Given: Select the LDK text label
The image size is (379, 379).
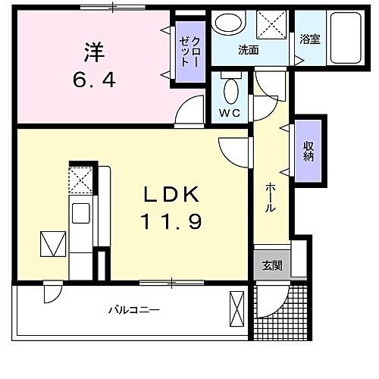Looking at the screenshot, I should (x=172, y=196).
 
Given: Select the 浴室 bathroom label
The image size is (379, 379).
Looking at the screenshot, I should (x=309, y=39).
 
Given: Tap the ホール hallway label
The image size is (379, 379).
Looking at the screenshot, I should (x=270, y=199).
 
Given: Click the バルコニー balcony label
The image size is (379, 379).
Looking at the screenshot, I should (x=133, y=310).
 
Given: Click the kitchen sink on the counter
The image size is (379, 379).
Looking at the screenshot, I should (x=80, y=212).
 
